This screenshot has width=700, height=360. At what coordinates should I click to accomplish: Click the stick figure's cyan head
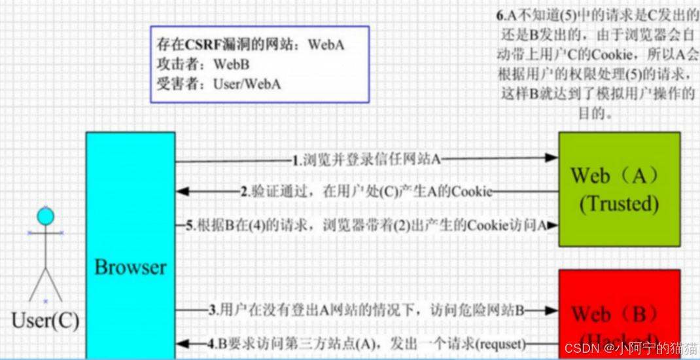point(45,215)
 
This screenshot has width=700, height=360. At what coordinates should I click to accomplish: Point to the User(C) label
point(45,321)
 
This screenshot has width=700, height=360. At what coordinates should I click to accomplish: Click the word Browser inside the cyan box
point(130,267)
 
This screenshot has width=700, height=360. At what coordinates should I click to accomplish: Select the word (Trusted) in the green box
point(618,204)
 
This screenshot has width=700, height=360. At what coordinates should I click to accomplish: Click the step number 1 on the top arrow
point(296,159)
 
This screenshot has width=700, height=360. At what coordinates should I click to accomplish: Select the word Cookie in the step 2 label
point(472,192)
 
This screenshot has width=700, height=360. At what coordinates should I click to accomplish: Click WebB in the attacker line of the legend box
point(232,65)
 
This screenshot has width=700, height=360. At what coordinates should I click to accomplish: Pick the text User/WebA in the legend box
point(247,84)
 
